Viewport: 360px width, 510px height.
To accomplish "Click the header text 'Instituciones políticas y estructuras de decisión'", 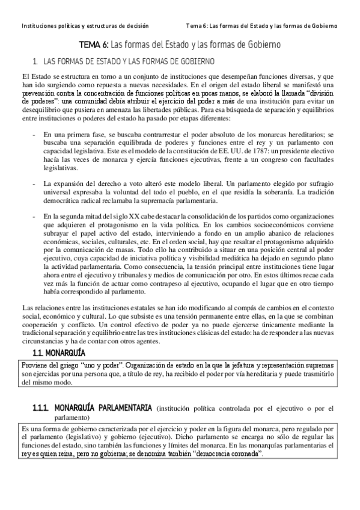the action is (x=85, y=26).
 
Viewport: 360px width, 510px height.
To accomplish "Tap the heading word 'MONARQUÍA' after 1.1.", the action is (x=67, y=352).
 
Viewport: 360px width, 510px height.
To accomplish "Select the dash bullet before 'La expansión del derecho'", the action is (x=33, y=182).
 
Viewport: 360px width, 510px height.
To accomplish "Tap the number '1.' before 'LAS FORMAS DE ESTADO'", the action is (x=36, y=61).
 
